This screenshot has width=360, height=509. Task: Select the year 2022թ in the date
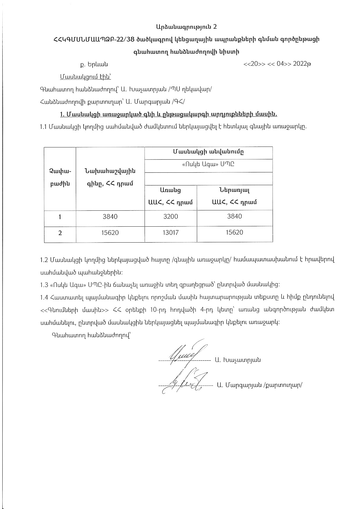pyautogui.click(x=302, y=64)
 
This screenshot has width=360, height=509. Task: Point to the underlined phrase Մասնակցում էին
pyautogui.click(x=86, y=77)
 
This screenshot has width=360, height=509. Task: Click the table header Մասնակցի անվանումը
pyautogui.click(x=208, y=152)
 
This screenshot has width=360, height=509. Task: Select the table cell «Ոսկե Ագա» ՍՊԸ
pyautogui.click(x=208, y=164)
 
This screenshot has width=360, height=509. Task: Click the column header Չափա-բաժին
pyautogui.click(x=60, y=177)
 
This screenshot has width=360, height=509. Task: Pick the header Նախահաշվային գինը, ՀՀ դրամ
pyautogui.click(x=110, y=177)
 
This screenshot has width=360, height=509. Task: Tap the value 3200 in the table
pyautogui.click(x=171, y=216)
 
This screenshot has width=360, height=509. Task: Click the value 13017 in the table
pyautogui.click(x=171, y=232)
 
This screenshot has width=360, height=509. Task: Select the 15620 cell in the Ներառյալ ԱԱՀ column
pyautogui.click(x=234, y=232)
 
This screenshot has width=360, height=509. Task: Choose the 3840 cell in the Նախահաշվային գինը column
pyautogui.click(x=110, y=216)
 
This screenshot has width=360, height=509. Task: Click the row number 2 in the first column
pyautogui.click(x=60, y=233)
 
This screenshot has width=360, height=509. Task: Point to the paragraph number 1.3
pyautogui.click(x=44, y=285)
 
